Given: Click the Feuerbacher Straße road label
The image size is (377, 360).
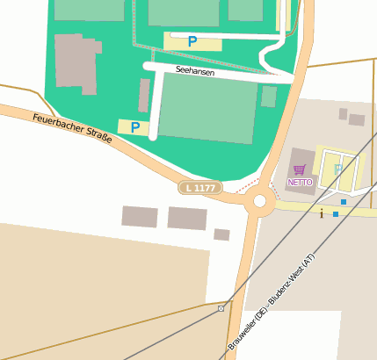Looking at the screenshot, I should tap(72, 129).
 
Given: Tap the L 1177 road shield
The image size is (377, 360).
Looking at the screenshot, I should tap(200, 187).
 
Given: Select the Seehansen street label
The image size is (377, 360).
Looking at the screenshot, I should tap(195, 71).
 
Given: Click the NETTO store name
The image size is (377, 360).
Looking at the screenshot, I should tap(300, 183).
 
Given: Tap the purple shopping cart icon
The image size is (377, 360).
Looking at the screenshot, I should tap(300, 170).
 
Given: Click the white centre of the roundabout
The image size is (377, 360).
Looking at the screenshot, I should tap(259, 202).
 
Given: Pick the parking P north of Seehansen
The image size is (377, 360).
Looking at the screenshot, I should tap(192, 40).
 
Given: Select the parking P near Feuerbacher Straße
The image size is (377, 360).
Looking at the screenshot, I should tap(135, 127).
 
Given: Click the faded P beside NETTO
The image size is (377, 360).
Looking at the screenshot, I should tap(338, 169).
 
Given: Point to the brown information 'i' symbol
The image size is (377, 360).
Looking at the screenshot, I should tap(323, 212).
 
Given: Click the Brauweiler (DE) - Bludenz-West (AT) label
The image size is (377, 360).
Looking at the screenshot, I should tap(272, 303).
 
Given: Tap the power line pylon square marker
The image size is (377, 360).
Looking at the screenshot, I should tap(221, 308).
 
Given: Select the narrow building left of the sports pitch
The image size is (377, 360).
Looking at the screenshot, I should tap(144, 95).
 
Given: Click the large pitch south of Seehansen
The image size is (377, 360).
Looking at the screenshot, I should tap(208, 107).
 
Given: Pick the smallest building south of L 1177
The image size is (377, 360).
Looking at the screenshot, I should tap(221, 234).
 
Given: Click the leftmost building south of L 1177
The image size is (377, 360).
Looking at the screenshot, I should tap(140, 217).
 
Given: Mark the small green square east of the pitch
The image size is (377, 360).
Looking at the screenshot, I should tap(269, 96).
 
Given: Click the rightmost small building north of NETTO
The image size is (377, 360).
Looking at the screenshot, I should tap(356, 119).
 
